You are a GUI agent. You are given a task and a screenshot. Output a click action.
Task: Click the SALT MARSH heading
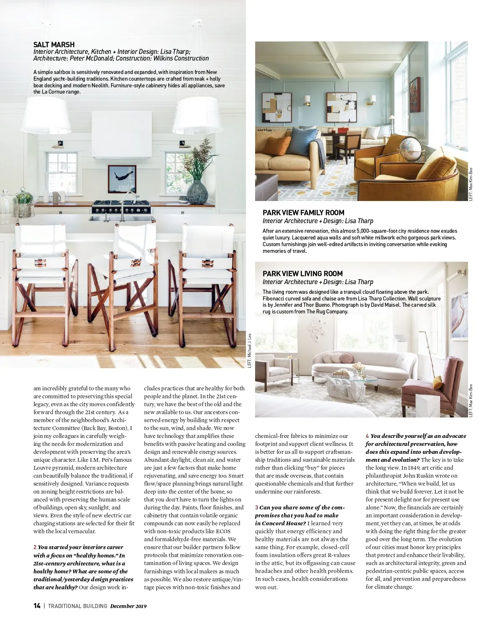point(54,45)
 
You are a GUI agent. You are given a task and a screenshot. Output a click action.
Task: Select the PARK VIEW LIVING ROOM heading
point(302,274)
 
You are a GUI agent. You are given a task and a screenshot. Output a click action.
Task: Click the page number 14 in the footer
point(37,606)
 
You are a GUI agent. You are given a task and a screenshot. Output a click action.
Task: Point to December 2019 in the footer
point(128,606)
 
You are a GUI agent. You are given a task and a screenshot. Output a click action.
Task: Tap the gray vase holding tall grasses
point(197,192)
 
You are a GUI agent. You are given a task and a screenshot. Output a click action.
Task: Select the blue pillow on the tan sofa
point(299,140)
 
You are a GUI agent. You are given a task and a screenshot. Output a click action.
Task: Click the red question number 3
point(257,507)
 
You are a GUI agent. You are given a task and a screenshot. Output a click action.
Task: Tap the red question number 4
point(367,436)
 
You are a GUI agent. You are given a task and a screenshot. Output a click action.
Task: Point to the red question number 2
point(35,547)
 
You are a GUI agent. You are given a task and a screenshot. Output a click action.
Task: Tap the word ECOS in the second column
point(223,531)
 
